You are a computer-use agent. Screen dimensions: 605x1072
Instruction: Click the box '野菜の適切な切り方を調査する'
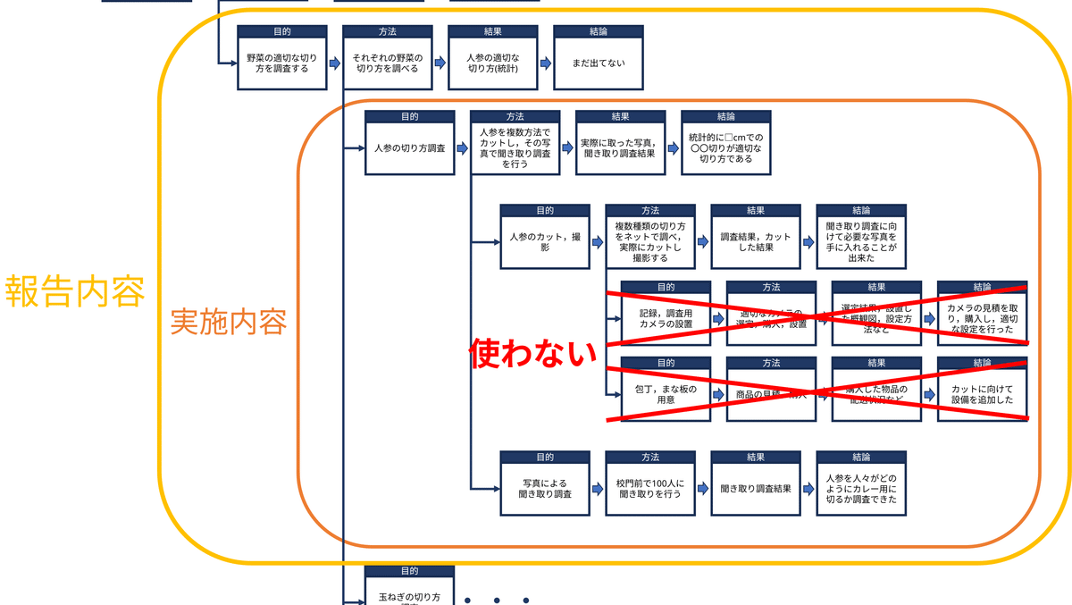point(281,63)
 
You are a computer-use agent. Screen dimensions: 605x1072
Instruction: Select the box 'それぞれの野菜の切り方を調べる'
point(387,63)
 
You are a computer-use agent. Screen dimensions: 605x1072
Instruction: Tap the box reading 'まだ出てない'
point(598,63)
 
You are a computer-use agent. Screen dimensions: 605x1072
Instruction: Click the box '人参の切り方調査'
point(409,147)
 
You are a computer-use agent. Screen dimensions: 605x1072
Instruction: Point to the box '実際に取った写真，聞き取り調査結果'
point(620,147)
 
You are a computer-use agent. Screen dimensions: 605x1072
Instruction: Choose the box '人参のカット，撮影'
point(544,242)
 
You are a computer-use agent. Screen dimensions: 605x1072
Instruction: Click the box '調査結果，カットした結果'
point(755,242)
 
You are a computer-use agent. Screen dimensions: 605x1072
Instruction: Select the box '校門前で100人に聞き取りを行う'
point(649,489)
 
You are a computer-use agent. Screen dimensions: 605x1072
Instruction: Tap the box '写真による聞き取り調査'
point(544,489)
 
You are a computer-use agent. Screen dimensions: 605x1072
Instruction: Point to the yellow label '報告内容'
point(75,291)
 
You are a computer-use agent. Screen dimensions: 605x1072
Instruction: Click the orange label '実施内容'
point(229,322)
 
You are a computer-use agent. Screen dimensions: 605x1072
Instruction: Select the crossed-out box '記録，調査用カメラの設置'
point(666,318)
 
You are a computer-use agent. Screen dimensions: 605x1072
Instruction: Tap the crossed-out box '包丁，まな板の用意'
point(666,395)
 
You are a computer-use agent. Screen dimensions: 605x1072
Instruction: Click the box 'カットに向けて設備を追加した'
point(982,395)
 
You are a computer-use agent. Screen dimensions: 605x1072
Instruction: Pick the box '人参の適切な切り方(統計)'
point(492,63)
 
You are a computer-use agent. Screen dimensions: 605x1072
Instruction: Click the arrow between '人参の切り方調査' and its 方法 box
point(462,147)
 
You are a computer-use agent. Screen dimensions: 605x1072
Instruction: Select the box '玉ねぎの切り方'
point(409,595)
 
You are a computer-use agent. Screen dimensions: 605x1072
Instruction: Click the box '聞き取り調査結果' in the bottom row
point(755,489)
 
